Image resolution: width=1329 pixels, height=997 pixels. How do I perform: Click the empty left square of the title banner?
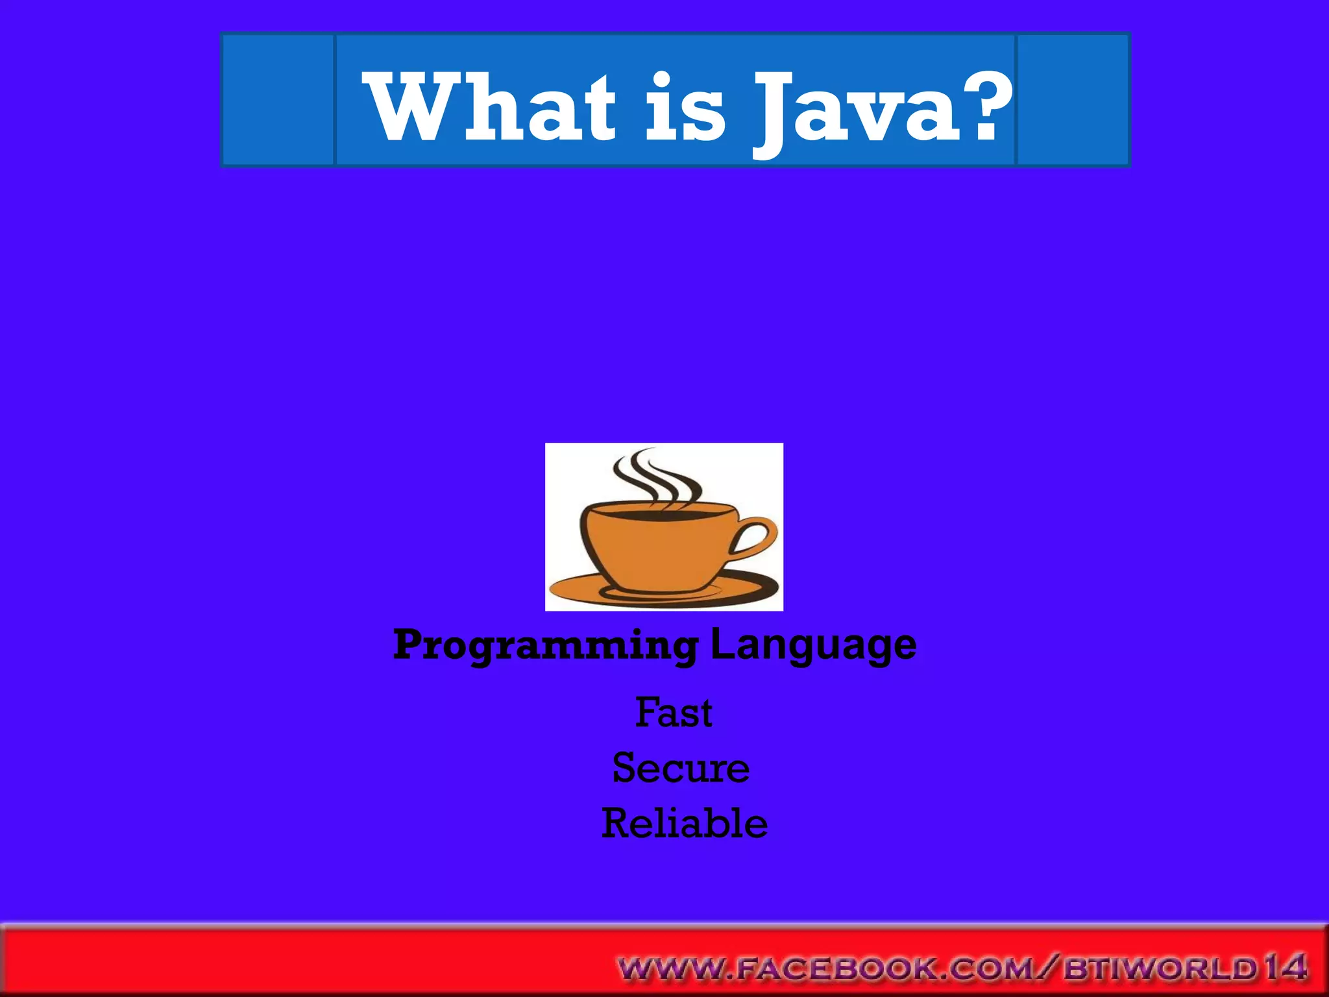click(x=278, y=100)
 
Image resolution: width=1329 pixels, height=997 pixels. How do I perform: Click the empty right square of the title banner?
click(x=1072, y=100)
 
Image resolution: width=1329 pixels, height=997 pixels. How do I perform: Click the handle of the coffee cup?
click(x=756, y=536)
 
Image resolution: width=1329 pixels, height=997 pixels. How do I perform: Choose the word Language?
click(x=813, y=645)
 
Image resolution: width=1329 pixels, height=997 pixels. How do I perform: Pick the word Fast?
click(x=674, y=712)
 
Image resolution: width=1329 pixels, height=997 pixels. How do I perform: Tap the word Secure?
click(x=681, y=768)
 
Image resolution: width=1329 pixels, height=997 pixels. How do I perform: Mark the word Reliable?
click(x=684, y=824)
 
